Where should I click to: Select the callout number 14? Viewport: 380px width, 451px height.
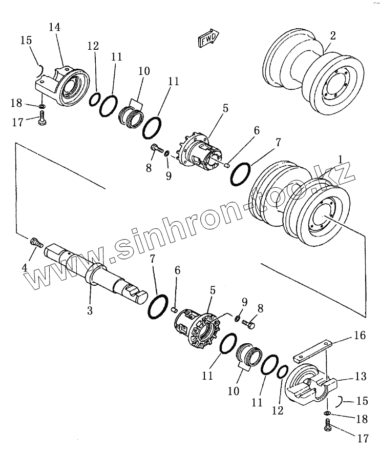click(54, 28)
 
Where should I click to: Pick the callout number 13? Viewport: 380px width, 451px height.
click(361, 377)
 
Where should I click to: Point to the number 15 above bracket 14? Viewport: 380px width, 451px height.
click(26, 41)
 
